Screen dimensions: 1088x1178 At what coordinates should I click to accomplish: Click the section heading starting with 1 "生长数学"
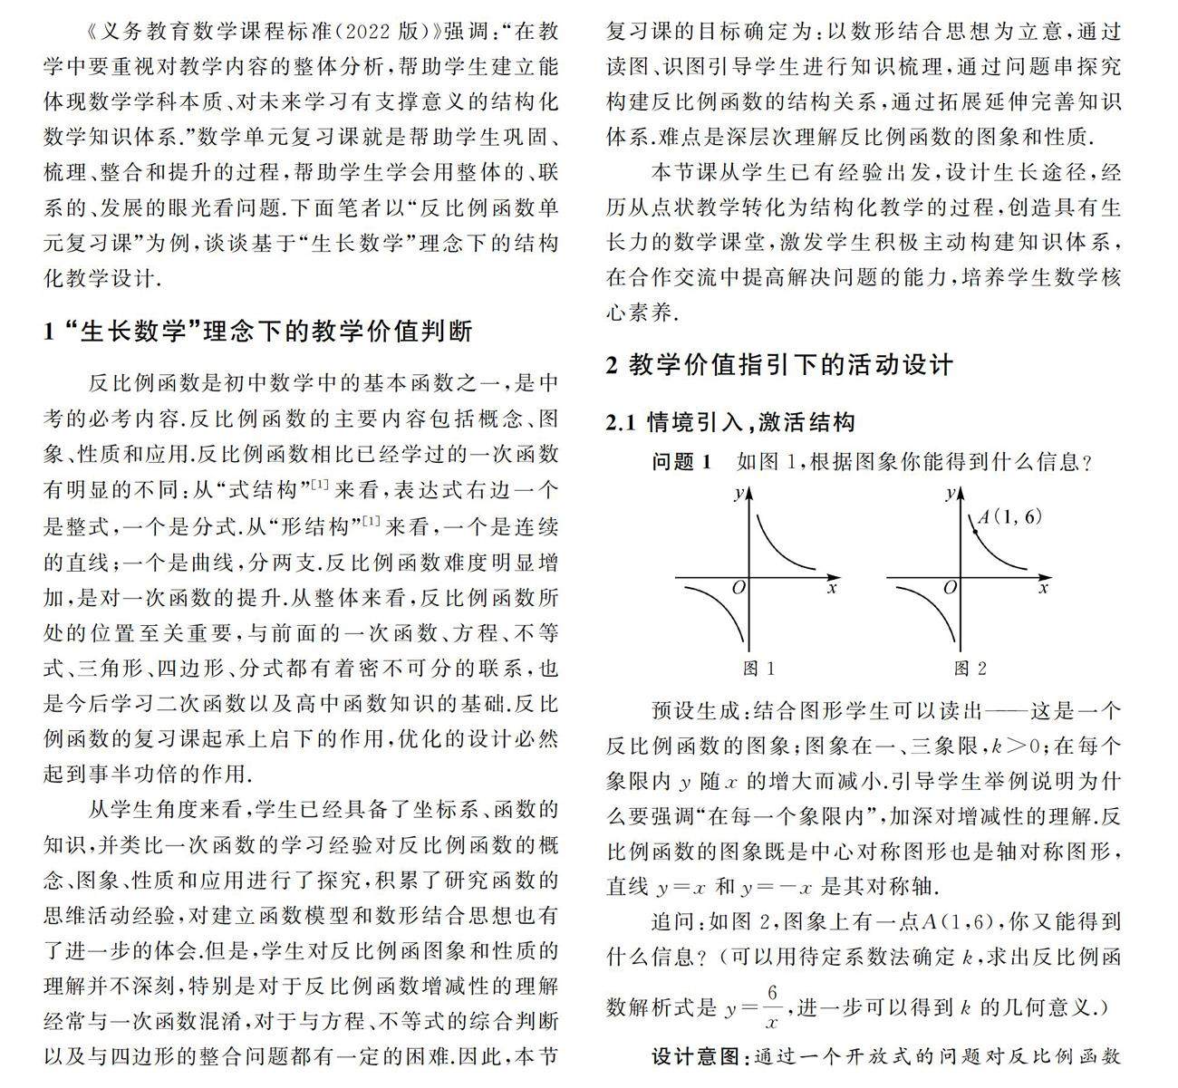[258, 332]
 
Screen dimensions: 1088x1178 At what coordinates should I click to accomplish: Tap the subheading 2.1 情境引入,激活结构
[730, 422]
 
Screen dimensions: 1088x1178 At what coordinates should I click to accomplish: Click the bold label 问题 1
[682, 462]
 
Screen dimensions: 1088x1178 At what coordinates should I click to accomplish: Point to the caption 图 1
[759, 669]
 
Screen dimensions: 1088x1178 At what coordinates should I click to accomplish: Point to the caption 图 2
[970, 669]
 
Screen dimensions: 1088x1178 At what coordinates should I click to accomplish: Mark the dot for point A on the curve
[974, 530]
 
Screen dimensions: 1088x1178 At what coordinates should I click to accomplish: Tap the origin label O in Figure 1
[738, 588]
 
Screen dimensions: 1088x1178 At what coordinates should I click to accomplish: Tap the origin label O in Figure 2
[950, 588]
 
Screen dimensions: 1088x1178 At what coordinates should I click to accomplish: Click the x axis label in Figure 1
[831, 588]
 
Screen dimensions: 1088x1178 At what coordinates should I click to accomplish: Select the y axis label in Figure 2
[949, 494]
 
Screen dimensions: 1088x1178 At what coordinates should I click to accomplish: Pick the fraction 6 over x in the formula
[771, 1006]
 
